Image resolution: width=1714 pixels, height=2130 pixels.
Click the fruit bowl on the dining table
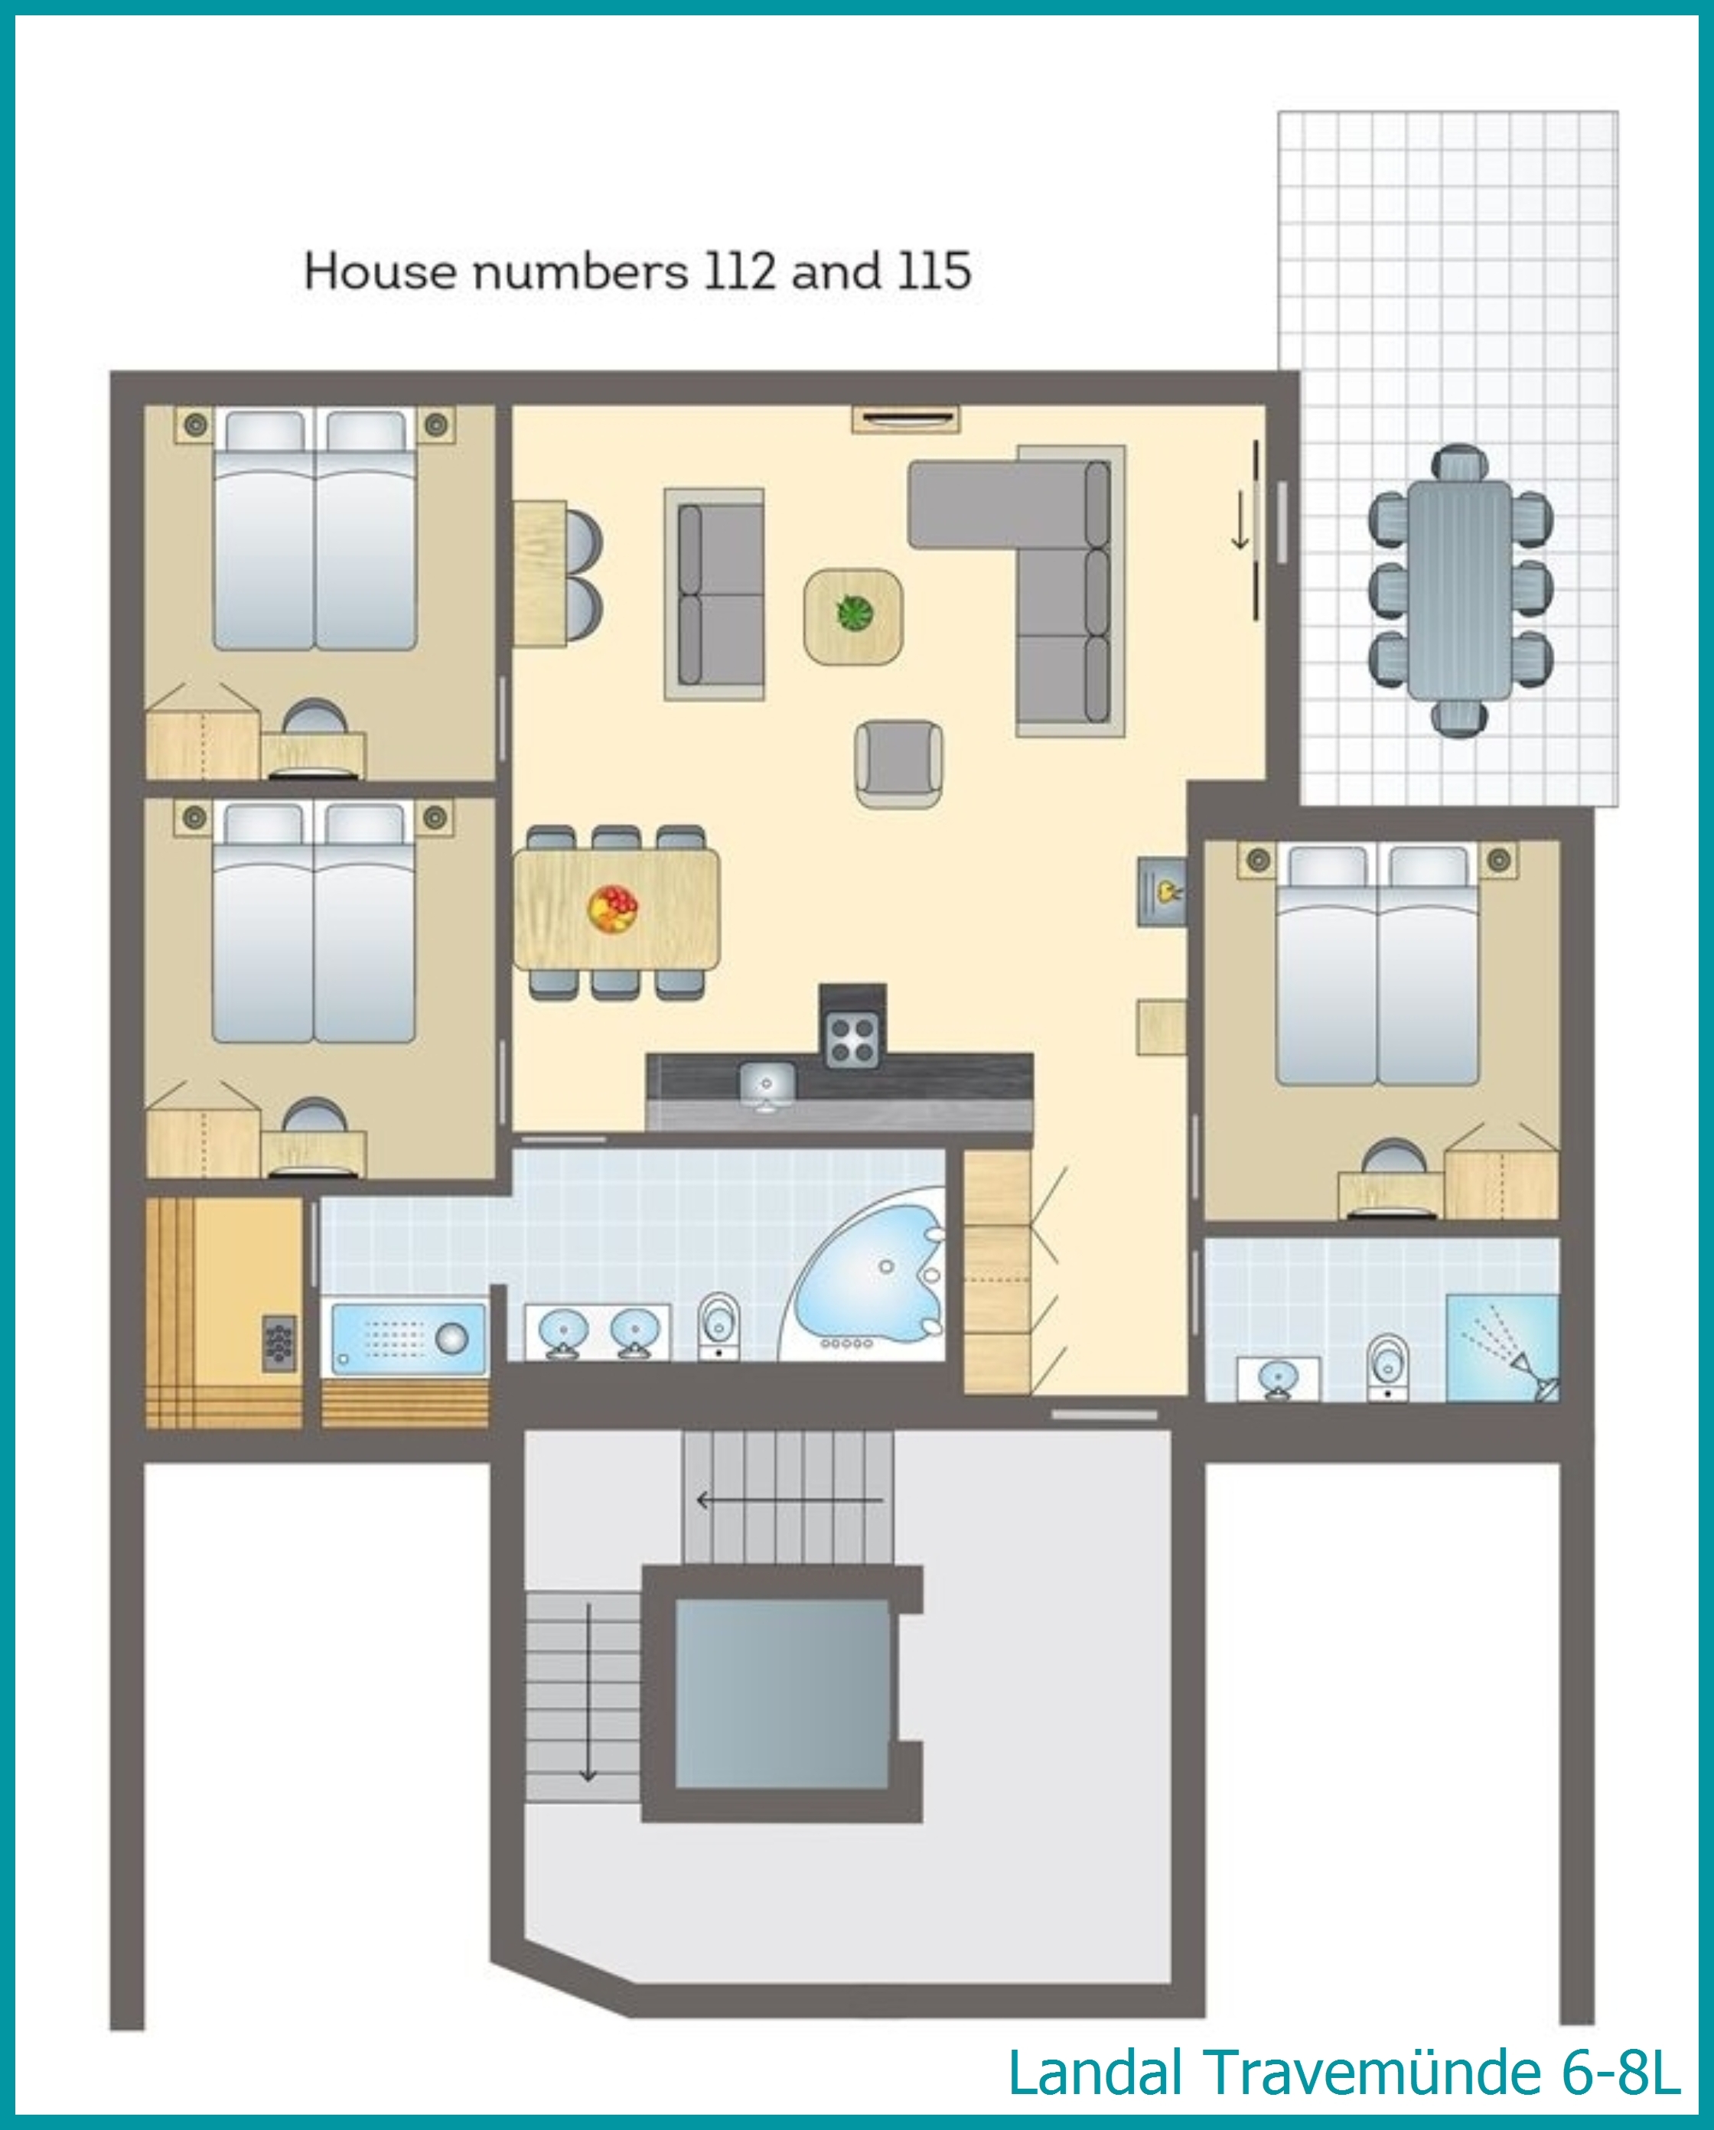(612, 908)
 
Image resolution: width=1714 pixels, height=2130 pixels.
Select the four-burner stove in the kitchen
(852, 1041)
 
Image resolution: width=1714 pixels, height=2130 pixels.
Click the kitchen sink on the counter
(767, 1086)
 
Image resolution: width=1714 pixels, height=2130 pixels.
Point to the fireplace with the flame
(1162, 891)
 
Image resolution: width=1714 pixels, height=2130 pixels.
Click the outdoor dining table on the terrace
(1460, 591)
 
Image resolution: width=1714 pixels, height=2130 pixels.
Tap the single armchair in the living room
(898, 764)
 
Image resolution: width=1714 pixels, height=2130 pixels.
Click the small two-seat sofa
(714, 594)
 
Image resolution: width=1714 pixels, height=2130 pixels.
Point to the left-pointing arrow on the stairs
(790, 1500)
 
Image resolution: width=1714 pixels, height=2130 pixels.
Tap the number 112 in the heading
(739, 271)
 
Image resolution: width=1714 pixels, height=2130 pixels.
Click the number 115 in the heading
(934, 271)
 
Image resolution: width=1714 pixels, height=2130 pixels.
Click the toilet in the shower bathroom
(1388, 1366)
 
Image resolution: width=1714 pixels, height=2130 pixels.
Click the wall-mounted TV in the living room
(906, 418)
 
